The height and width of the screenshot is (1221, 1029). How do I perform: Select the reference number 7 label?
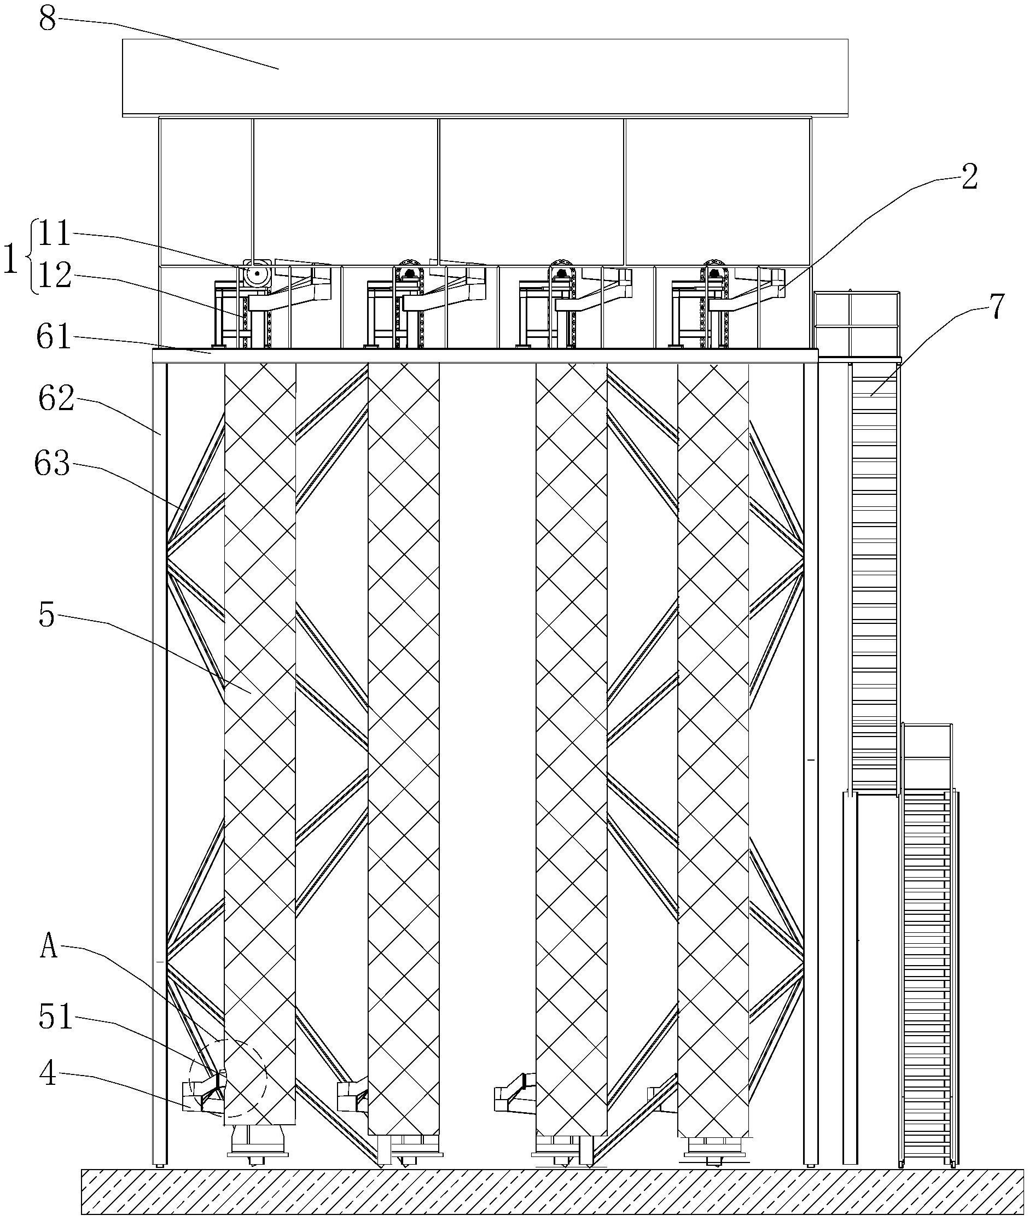click(997, 307)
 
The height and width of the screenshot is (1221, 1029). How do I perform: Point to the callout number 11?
click(55, 235)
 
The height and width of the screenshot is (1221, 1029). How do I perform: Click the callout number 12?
click(55, 276)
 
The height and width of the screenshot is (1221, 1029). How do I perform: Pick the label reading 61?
click(54, 336)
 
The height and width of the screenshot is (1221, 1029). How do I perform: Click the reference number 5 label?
click(46, 616)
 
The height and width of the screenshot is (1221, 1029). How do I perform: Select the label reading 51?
click(55, 1018)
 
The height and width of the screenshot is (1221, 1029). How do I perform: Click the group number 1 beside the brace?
click(10, 257)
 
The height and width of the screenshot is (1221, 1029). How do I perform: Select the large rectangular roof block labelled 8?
click(485, 78)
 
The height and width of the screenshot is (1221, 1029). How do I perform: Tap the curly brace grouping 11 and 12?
click(30, 257)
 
